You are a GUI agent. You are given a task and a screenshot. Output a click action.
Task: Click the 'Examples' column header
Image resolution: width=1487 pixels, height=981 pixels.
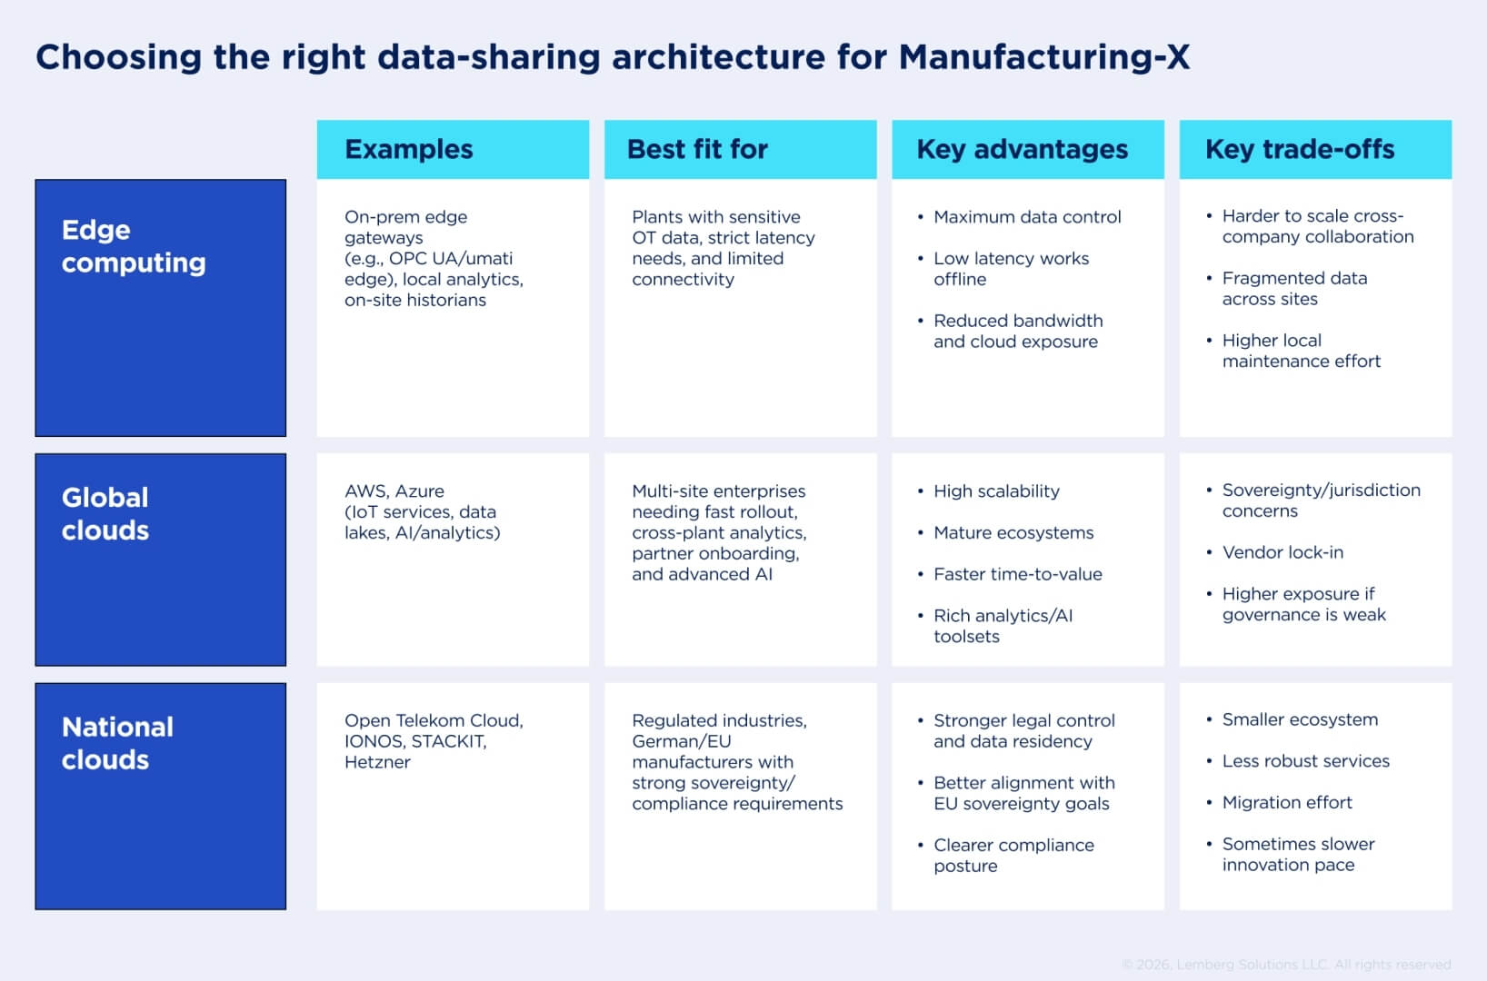click(x=409, y=149)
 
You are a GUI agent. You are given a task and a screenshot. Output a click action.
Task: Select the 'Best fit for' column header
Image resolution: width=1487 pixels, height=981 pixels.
click(x=697, y=149)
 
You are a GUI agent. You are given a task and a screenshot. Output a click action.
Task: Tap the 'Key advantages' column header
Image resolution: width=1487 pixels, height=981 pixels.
click(x=1022, y=149)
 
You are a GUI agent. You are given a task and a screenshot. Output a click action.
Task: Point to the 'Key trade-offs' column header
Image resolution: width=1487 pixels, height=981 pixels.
click(x=1299, y=149)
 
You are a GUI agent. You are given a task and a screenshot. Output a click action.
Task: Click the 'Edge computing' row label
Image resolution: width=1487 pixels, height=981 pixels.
click(x=134, y=246)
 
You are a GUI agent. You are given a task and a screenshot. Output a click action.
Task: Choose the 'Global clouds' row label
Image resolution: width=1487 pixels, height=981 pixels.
click(x=105, y=514)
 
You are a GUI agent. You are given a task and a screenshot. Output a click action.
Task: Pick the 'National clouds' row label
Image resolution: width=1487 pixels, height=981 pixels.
click(x=117, y=743)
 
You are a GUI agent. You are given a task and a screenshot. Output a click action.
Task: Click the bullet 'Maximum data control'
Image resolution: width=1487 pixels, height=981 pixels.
click(x=1027, y=217)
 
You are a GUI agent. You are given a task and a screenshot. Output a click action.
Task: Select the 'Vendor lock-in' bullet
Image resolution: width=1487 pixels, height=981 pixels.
click(x=1282, y=552)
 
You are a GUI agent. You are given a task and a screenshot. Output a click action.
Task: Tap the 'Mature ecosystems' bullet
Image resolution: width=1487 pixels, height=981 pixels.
click(x=1013, y=533)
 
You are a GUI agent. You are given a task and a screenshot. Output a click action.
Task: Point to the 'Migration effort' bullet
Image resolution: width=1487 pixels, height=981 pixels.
click(x=1287, y=803)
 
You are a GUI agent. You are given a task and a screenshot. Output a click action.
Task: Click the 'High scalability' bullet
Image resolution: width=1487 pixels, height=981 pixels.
click(x=996, y=491)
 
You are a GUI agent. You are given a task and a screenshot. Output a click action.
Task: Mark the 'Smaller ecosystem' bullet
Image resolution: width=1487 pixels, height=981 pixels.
click(x=1300, y=720)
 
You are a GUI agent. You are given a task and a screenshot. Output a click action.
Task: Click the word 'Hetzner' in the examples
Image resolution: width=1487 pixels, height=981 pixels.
click(x=377, y=763)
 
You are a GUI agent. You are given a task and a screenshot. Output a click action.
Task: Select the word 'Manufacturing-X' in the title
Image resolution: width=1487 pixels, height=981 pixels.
click(x=1043, y=57)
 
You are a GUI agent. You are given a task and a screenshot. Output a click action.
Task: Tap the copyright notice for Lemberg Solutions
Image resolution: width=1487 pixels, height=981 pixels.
click(x=1286, y=965)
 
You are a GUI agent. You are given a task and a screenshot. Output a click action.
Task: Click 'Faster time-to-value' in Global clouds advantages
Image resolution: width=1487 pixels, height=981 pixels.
click(x=1017, y=575)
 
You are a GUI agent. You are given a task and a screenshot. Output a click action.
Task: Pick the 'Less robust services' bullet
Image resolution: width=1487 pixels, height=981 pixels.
click(x=1305, y=761)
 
